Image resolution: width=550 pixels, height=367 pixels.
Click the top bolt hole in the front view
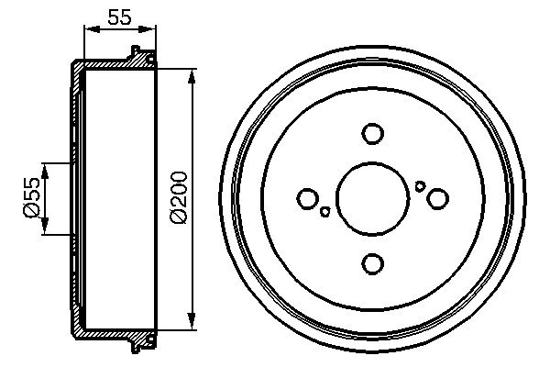372,134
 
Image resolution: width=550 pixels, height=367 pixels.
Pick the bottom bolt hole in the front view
372,263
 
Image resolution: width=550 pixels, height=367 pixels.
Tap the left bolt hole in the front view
308,198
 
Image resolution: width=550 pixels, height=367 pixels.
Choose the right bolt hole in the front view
437,198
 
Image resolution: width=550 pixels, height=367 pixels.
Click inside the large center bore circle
372,198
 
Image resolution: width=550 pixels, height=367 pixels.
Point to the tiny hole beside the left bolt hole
325,212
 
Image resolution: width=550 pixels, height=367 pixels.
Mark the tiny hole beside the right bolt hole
420,186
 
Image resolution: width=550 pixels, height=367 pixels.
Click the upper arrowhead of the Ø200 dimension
192,73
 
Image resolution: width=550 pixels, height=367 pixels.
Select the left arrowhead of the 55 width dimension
88,30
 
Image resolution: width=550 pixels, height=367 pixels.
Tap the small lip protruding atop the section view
137,51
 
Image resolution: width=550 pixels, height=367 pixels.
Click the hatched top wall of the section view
110,64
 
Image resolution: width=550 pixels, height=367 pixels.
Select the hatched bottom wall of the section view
110,331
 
